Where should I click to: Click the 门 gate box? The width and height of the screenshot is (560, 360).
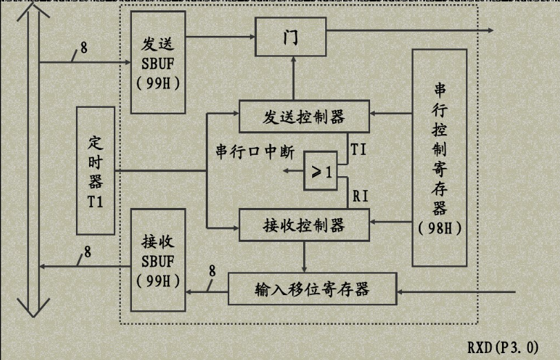coord(291,37)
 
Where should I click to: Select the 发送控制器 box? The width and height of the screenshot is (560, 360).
coord(303,115)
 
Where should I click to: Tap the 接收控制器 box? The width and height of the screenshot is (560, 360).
coord(303,225)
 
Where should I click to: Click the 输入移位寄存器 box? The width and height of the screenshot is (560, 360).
coord(313,289)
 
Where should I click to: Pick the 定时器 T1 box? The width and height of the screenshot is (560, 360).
coord(95,170)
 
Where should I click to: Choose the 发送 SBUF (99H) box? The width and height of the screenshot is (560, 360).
coord(157,61)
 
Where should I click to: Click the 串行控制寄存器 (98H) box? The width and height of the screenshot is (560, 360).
coord(439,158)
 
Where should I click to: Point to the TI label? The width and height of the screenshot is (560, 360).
coord(358,149)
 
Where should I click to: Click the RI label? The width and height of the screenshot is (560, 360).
coord(360,196)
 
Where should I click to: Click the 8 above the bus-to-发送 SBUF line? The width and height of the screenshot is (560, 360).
coord(84,48)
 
